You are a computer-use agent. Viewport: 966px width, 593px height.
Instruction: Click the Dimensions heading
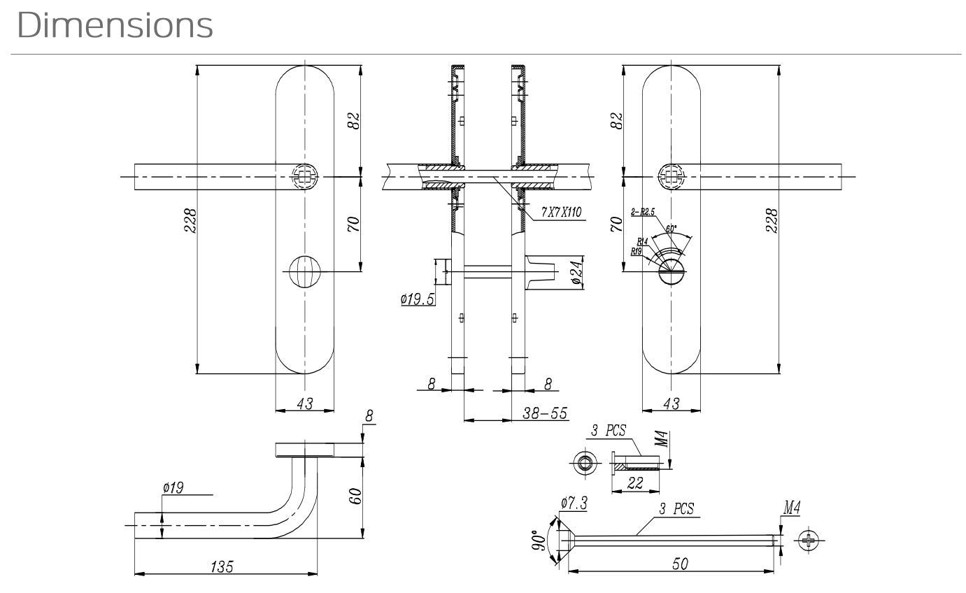click(115, 25)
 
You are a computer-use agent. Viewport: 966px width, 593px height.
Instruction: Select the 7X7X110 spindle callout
click(561, 213)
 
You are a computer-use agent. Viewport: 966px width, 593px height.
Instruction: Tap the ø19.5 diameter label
click(418, 299)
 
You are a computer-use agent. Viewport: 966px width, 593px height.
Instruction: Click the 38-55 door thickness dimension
click(545, 413)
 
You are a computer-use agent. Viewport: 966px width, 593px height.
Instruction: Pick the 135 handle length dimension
click(222, 566)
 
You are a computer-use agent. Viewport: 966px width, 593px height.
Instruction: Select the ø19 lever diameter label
click(172, 488)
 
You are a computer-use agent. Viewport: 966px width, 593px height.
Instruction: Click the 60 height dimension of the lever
click(355, 497)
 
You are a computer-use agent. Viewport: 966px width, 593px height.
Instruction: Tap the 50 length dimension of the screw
click(679, 564)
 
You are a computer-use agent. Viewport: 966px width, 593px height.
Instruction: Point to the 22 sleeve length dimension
click(635, 483)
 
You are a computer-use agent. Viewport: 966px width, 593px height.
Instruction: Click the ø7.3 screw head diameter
click(574, 502)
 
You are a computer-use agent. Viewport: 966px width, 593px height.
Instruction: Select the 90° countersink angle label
click(539, 540)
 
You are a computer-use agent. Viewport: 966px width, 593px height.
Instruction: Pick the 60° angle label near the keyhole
click(672, 229)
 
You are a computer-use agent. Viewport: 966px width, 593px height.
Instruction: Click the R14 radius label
click(642, 241)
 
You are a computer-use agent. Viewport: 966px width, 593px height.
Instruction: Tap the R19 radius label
click(637, 250)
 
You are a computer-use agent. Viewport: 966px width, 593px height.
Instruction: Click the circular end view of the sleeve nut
click(583, 462)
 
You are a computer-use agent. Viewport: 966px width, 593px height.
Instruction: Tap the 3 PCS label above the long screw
click(676, 509)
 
